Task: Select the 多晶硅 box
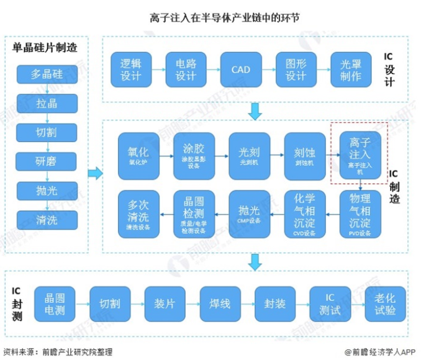pyautogui.click(x=47, y=75)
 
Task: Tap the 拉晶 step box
pyautogui.click(x=47, y=104)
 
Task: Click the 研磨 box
pyautogui.click(x=47, y=161)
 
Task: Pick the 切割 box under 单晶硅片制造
pyautogui.click(x=47, y=132)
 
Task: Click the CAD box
pyautogui.click(x=241, y=70)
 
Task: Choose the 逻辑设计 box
pyautogui.click(x=131, y=70)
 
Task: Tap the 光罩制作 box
pyautogui.click(x=351, y=70)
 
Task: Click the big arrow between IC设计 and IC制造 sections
pyautogui.click(x=254, y=111)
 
